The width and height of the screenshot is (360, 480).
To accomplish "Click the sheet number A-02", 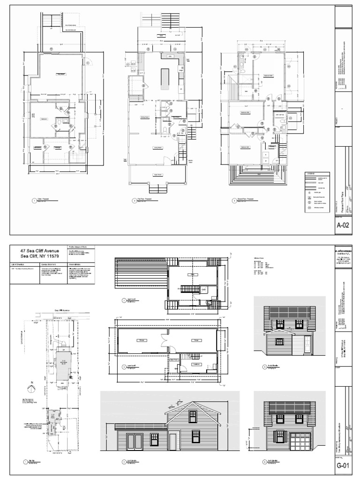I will pyautogui.click(x=344, y=226).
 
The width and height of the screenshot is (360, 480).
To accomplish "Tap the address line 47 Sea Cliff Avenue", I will pyautogui.click(x=40, y=252).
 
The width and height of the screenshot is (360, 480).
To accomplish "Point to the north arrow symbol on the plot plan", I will pyautogui.click(x=32, y=383).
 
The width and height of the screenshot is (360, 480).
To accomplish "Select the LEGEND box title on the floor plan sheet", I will pyautogui.click(x=310, y=174).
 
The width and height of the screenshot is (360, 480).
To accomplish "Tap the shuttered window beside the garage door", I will pyautogui.click(x=279, y=435).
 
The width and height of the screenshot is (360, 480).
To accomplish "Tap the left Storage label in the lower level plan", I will pyautogui.click(x=139, y=340).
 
